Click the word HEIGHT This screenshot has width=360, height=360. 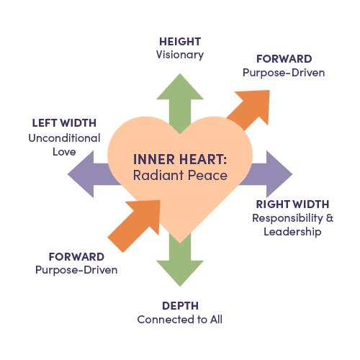180,42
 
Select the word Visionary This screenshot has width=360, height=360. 180,55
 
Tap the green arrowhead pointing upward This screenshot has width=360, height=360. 180,86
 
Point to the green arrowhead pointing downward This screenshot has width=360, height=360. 180,274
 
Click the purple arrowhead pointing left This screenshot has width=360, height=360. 81,174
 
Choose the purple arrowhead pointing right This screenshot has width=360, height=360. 279,174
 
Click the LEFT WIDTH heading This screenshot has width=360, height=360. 64,123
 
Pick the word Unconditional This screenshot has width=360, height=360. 64,138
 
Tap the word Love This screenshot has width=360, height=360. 64,152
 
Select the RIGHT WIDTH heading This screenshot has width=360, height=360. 292,204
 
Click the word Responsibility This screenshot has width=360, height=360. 287,218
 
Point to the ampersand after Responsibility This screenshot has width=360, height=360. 330,218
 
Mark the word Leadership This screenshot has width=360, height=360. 292,232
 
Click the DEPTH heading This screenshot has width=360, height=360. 180,306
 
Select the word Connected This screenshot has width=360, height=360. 166,320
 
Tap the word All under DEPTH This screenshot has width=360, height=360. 217,320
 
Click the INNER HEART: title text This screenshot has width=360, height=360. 180,160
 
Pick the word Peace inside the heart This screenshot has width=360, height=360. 207,175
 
